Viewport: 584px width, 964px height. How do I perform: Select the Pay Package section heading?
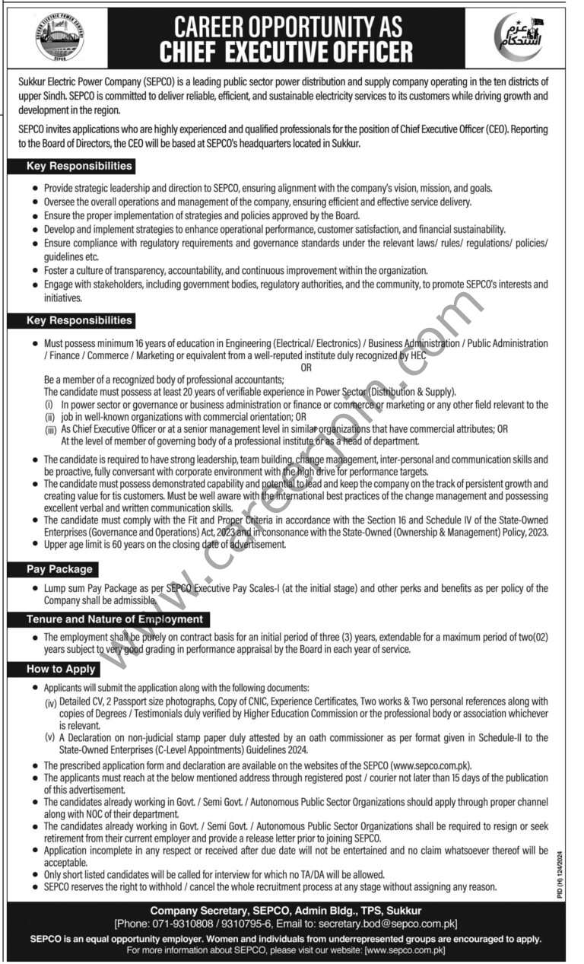coord(60,569)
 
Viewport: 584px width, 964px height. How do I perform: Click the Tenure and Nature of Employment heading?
coord(115,619)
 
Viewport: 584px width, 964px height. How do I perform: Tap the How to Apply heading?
coord(61,670)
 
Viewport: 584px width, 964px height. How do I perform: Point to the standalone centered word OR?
coord(306,368)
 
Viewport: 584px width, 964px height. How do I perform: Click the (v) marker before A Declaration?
coord(49,738)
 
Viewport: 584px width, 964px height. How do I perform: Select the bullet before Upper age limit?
coord(35,545)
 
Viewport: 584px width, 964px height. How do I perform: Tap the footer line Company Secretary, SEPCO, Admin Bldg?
coord(285,911)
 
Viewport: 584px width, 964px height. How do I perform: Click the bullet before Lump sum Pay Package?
coord(35,589)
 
